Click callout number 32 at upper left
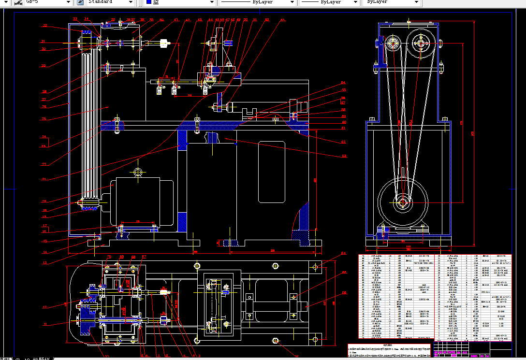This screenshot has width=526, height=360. [x=45, y=26]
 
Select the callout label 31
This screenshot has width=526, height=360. [x=43, y=42]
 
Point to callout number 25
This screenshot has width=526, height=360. [x=44, y=119]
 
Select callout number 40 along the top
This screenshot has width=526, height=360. [x=161, y=20]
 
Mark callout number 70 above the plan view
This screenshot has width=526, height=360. [x=109, y=257]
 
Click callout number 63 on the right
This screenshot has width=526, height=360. [x=344, y=156]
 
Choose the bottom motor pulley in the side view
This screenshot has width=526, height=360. [x=402, y=202]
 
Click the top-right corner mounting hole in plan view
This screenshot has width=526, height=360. [x=316, y=267]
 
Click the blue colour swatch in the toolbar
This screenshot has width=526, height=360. [x=149, y=2]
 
